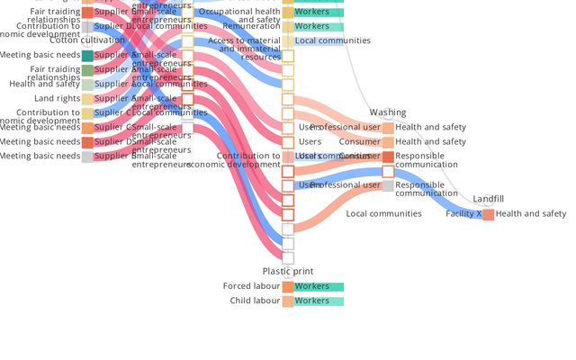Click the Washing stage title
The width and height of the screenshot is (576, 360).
(x=387, y=112)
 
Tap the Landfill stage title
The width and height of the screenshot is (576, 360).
(x=488, y=198)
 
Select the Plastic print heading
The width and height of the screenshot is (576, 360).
(x=288, y=271)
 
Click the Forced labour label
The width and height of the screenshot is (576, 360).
(x=251, y=286)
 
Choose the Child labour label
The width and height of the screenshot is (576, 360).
(x=255, y=301)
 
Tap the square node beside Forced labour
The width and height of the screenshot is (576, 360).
(x=288, y=287)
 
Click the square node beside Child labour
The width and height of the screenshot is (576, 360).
(x=288, y=301)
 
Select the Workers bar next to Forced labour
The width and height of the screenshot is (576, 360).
(x=319, y=287)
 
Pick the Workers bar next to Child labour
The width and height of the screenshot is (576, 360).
(x=319, y=301)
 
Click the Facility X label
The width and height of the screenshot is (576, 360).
(x=463, y=214)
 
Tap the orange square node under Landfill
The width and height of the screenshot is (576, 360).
(x=488, y=214)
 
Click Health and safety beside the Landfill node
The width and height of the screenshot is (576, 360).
(x=531, y=214)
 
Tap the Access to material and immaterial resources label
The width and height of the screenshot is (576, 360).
(x=244, y=49)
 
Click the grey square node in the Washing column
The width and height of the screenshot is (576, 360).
(x=388, y=186)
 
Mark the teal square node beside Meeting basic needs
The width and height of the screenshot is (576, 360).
(x=87, y=56)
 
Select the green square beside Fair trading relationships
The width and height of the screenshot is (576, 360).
(x=87, y=70)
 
